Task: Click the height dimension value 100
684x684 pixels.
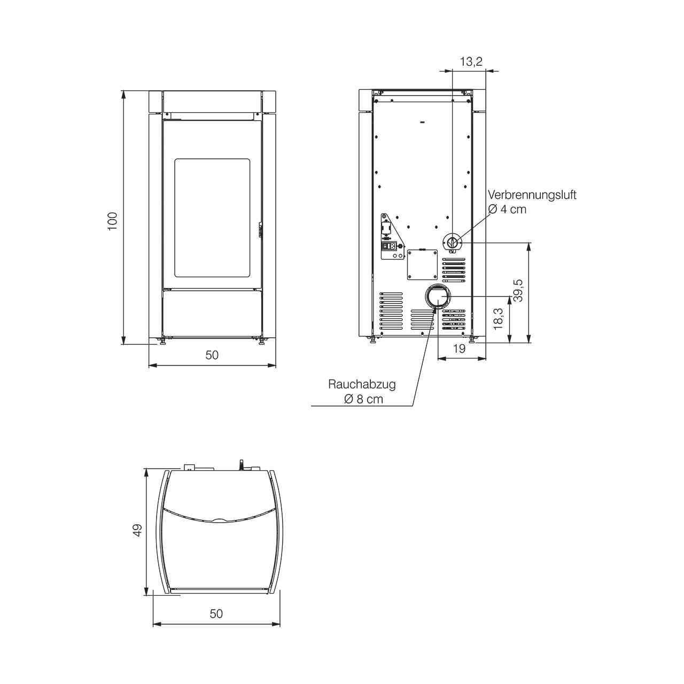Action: pyautogui.click(x=112, y=221)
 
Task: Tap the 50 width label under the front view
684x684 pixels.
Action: pyautogui.click(x=212, y=355)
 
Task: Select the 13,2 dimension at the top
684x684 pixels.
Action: pyautogui.click(x=471, y=62)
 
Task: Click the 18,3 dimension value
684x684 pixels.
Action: pyautogui.click(x=499, y=318)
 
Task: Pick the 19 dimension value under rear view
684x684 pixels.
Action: pyautogui.click(x=459, y=349)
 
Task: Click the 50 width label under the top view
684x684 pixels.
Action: pyautogui.click(x=216, y=613)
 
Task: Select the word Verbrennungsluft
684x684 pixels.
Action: pyautogui.click(x=532, y=195)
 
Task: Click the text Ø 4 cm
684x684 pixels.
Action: pyautogui.click(x=507, y=209)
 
